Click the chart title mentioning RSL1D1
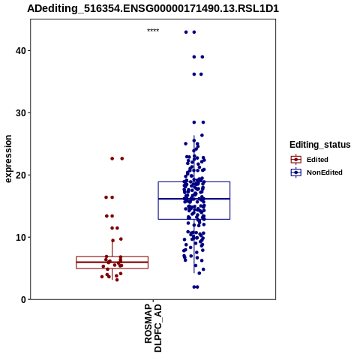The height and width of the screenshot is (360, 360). pos(153,8)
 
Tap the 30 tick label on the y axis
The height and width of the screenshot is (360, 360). pos(21,113)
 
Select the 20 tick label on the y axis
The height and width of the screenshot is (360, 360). pos(21,175)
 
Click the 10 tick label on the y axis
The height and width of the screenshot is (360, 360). pos(21,237)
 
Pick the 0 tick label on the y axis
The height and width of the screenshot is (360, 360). pos(23,299)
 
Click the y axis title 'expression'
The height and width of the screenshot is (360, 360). pos(8,159)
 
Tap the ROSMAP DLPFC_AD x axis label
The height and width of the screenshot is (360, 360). pos(153,328)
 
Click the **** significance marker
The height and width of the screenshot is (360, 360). pos(153,31)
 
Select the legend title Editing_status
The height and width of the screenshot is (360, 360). pos(320,145)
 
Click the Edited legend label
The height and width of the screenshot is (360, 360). pos(317,160)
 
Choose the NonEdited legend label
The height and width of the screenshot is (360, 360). pos(325,172)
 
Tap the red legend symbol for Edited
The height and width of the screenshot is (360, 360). pos(296,159)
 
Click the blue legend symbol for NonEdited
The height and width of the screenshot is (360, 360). pos(296,172)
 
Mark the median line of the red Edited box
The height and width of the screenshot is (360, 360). pos(112,262)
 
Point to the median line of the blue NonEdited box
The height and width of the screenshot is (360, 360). pos(194,199)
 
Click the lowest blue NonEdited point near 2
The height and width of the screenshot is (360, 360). pos(194,287)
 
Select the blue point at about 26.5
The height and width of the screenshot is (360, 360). pos(202,135)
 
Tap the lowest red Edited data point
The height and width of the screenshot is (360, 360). pos(117,280)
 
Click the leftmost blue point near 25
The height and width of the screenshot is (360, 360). pos(185,144)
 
